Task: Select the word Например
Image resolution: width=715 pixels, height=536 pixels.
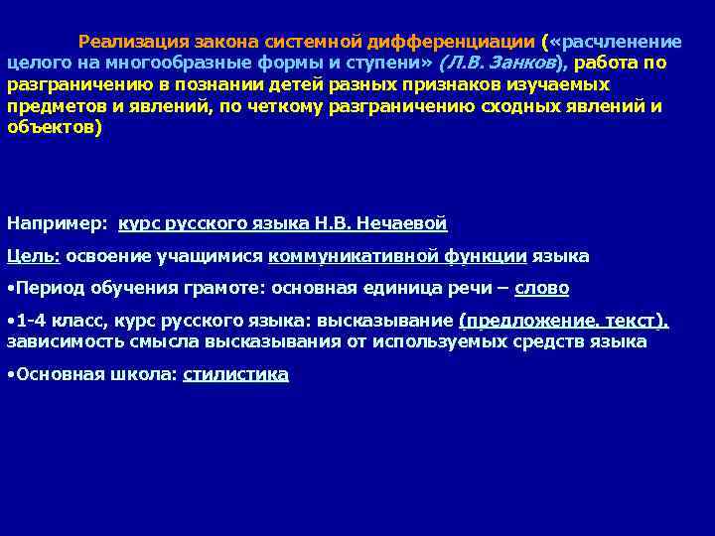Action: pos(57,224)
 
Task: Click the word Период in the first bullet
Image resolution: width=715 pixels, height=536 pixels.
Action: pos(47,288)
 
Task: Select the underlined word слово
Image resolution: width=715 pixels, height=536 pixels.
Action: pos(541,288)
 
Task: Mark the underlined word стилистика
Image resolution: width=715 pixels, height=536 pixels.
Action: pos(236,374)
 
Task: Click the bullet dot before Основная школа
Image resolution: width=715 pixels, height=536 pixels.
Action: pos(10,374)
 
